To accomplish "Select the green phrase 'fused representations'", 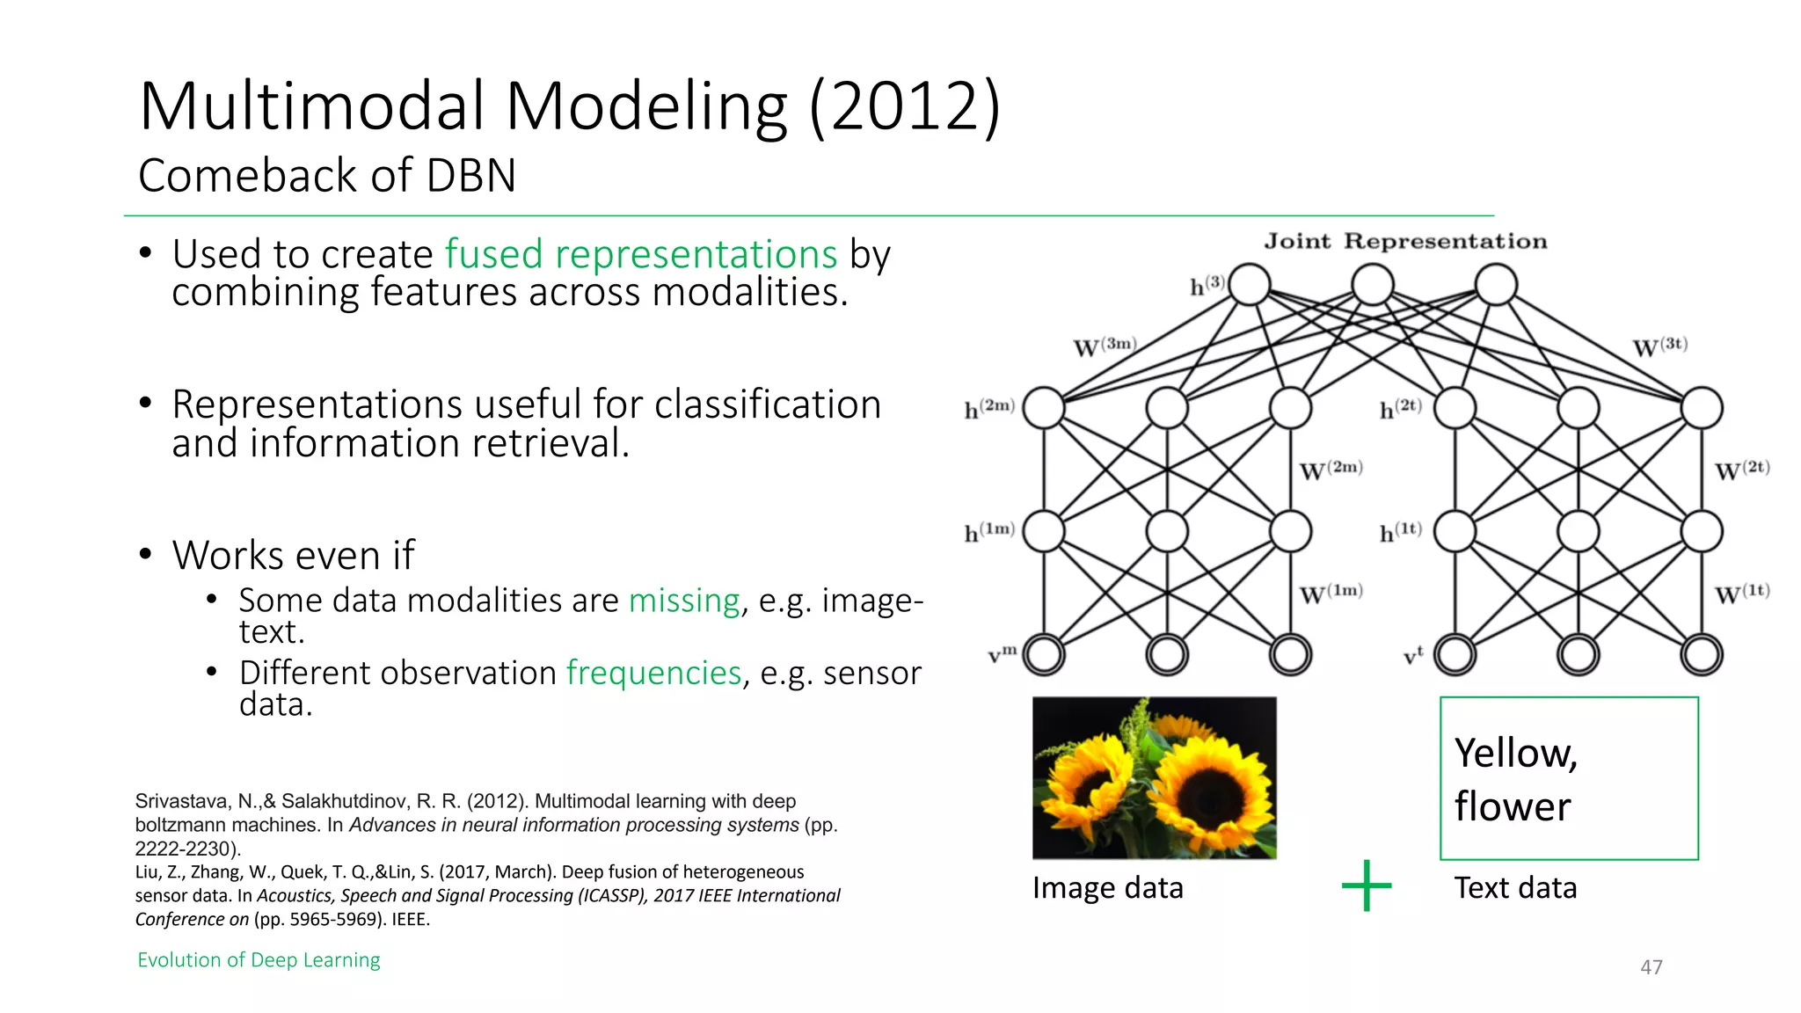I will [x=640, y=254].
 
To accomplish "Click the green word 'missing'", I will [x=684, y=601].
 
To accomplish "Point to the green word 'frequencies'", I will [x=653, y=673].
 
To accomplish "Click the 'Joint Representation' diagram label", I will [x=1405, y=242].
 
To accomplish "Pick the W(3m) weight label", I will [x=1105, y=346].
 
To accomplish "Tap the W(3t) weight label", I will [x=1659, y=346].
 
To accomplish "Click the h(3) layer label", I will [x=1207, y=285].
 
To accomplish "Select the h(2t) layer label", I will [x=1399, y=408].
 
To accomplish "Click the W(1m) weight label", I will [x=1331, y=594].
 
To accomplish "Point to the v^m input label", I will [x=1002, y=654].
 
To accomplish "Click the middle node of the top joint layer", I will [x=1372, y=285].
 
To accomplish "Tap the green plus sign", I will [x=1366, y=885].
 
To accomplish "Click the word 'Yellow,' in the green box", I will [x=1515, y=754].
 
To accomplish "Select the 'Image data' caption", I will [x=1107, y=888].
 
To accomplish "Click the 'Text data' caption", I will [x=1514, y=888].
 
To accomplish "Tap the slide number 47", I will [x=1651, y=967].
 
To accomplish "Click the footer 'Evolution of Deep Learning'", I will [x=259, y=960].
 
